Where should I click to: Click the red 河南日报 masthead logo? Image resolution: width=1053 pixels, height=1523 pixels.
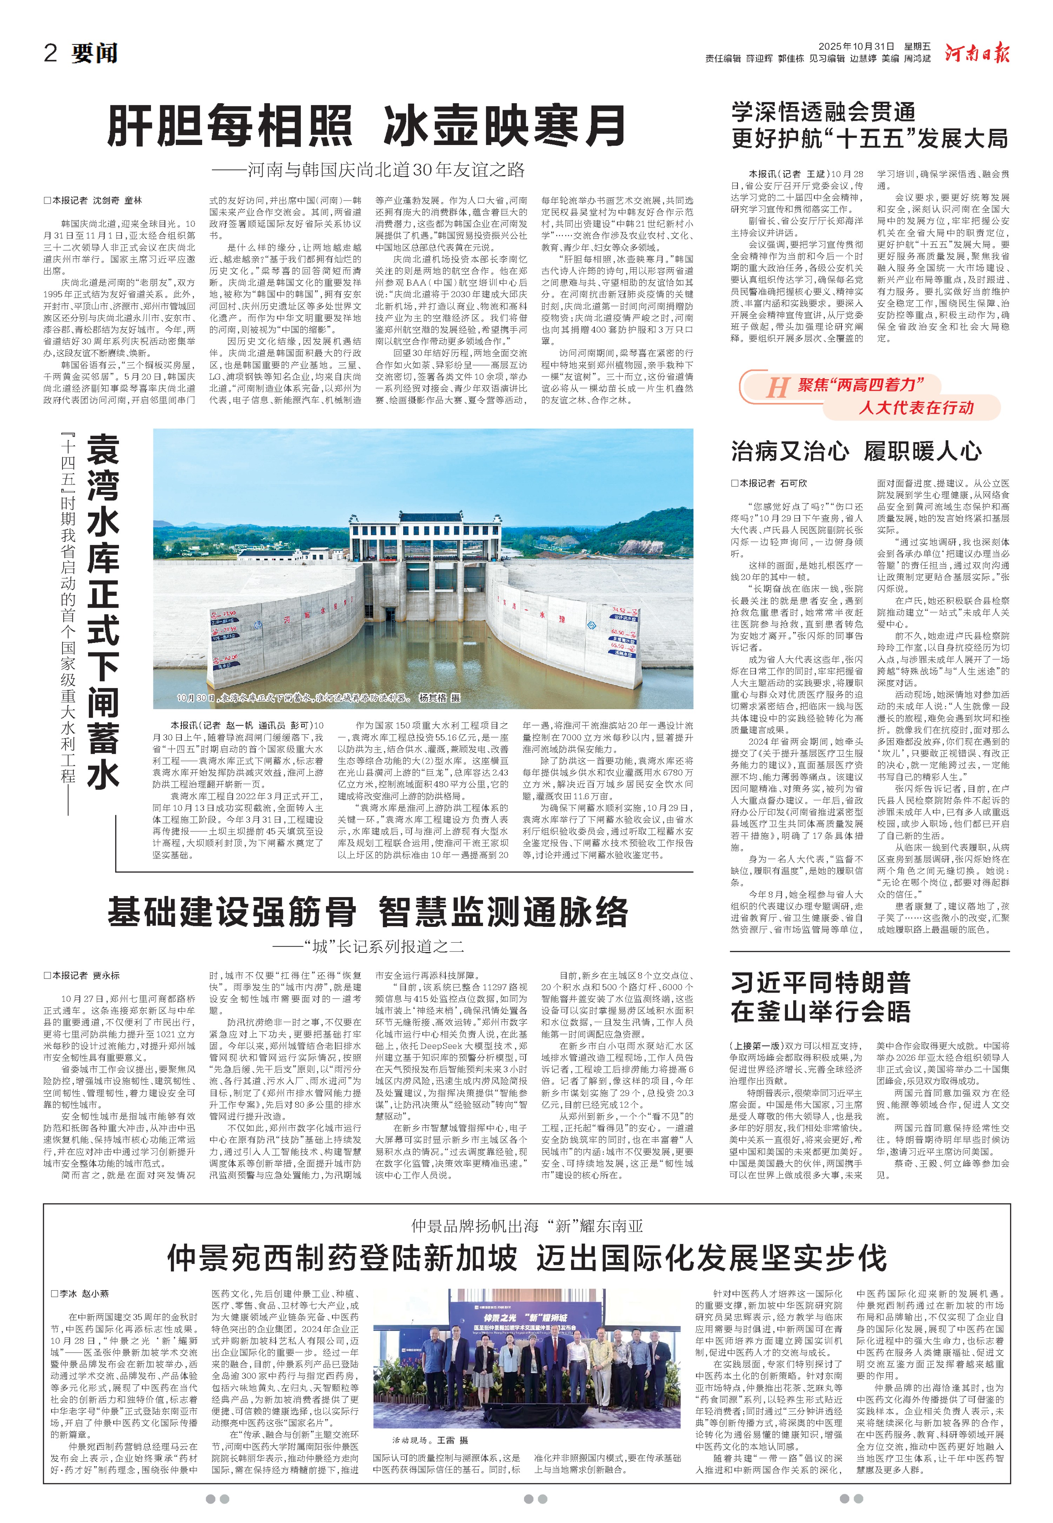tap(976, 53)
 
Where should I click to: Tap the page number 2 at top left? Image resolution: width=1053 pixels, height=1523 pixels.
tap(51, 53)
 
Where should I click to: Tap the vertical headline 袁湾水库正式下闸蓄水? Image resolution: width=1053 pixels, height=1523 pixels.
tap(104, 611)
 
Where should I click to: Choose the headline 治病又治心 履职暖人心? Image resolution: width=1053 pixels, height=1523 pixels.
tap(856, 451)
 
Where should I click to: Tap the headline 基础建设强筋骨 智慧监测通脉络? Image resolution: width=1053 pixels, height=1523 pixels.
tap(367, 912)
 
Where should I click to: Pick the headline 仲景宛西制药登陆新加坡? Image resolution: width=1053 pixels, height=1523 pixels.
tap(342, 1258)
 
